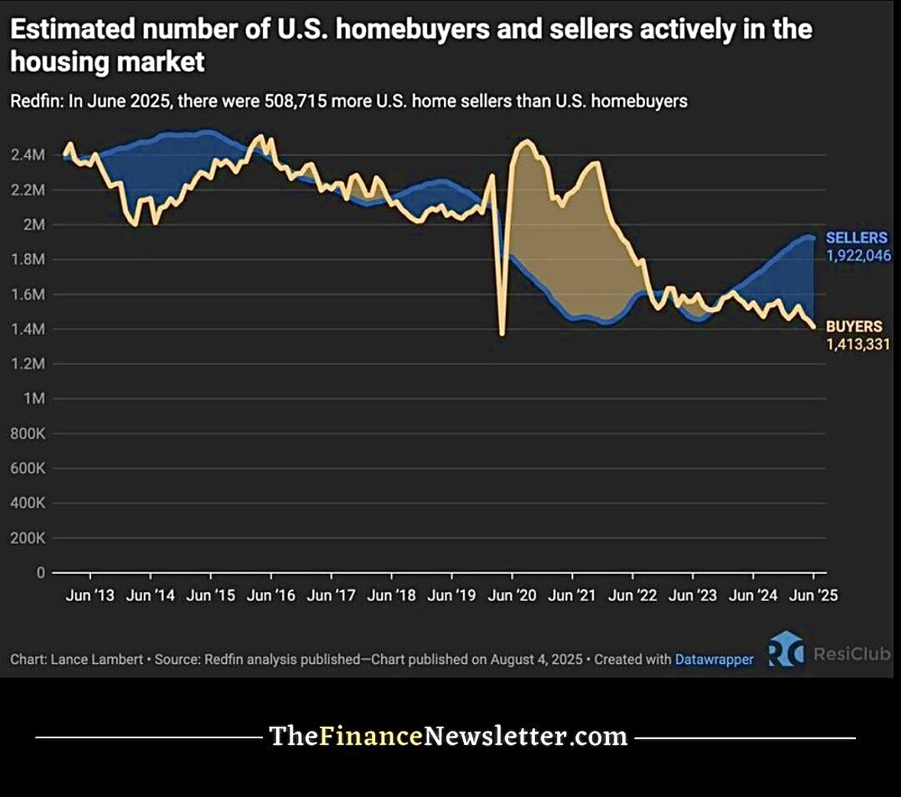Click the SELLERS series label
pyautogui.click(x=856, y=238)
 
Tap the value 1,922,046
pyautogui.click(x=858, y=255)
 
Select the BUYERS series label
pyautogui.click(x=854, y=326)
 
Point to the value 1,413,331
pyautogui.click(x=857, y=344)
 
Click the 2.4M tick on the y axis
pyautogui.click(x=28, y=155)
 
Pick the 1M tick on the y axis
pyautogui.click(x=34, y=399)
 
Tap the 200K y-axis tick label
pyautogui.click(x=28, y=538)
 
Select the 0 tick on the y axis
pyautogui.click(x=41, y=572)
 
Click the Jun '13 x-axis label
pyautogui.click(x=89, y=595)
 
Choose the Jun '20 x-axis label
pyautogui.click(x=512, y=595)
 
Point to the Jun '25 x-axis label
pyautogui.click(x=813, y=595)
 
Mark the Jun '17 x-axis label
pyautogui.click(x=331, y=595)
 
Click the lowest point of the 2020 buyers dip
pyautogui.click(x=501, y=334)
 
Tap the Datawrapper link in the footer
pyautogui.click(x=714, y=659)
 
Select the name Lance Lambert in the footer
pyautogui.click(x=96, y=659)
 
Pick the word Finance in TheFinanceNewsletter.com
pyautogui.click(x=371, y=736)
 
